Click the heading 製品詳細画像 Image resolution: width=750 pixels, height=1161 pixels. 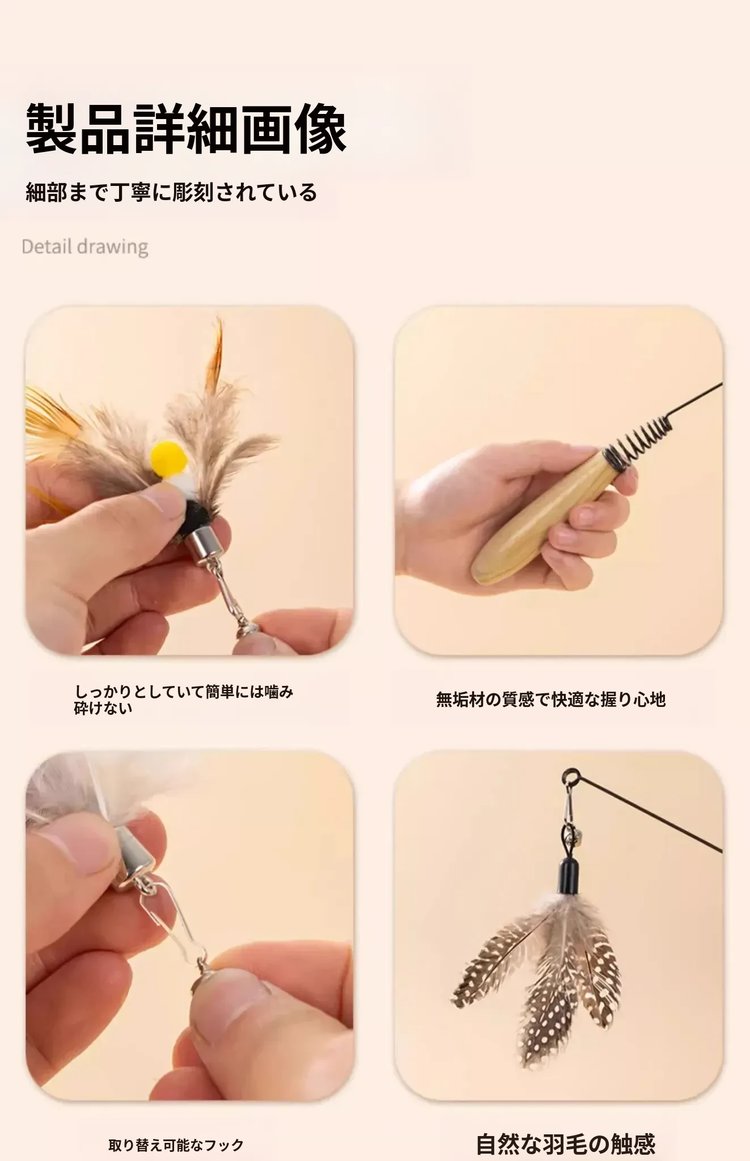click(x=187, y=129)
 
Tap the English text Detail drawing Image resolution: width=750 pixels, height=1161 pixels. click(x=85, y=247)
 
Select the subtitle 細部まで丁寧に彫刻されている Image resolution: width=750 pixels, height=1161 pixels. click(x=171, y=192)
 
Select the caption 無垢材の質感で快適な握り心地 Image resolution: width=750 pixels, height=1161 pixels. click(x=550, y=700)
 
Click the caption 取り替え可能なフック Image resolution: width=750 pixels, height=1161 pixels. click(x=176, y=1145)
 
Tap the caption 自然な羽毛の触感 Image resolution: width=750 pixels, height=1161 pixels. click(x=566, y=1144)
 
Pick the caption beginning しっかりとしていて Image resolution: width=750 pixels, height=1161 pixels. click(x=184, y=700)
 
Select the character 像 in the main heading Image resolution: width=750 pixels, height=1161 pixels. click(x=321, y=129)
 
